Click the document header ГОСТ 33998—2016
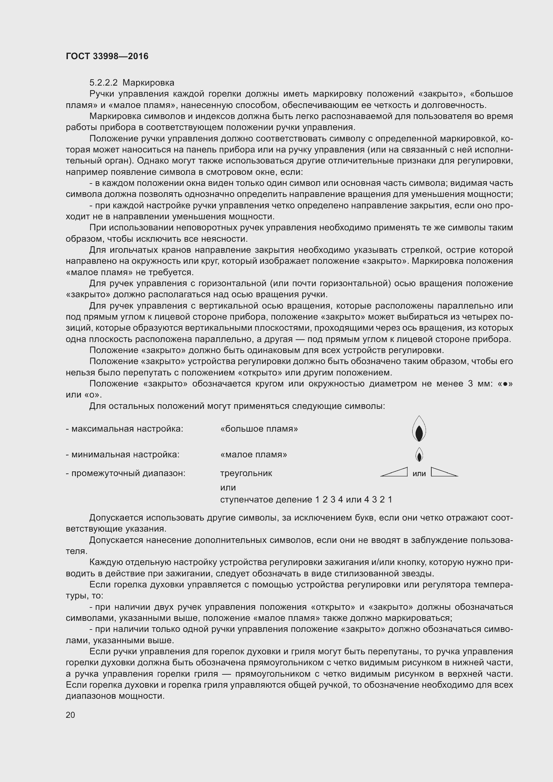(x=107, y=56)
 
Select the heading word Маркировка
(x=148, y=83)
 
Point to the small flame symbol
(x=419, y=455)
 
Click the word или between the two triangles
(x=419, y=473)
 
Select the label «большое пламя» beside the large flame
(x=259, y=429)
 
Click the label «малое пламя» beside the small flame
(x=253, y=455)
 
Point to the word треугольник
(x=246, y=473)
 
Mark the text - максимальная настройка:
(x=124, y=429)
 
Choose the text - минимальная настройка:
(x=122, y=455)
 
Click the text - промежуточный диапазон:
(x=125, y=473)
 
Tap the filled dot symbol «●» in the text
(x=505, y=384)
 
